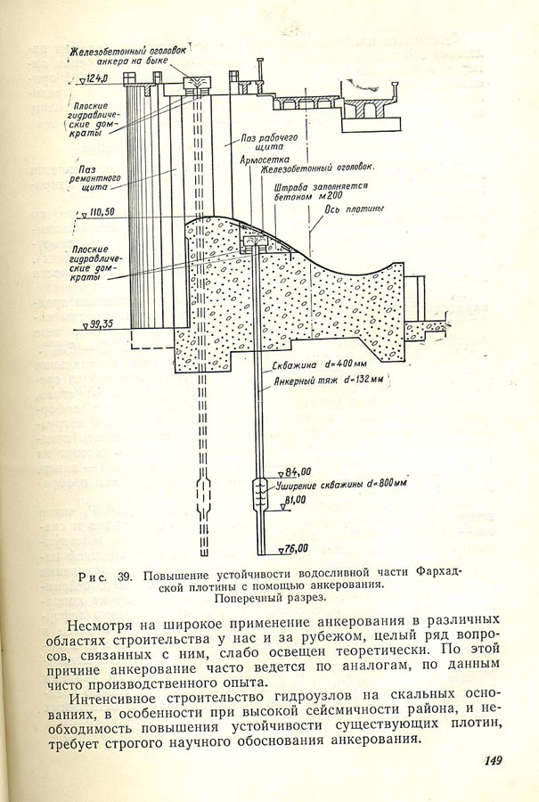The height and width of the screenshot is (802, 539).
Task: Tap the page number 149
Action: point(493,759)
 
